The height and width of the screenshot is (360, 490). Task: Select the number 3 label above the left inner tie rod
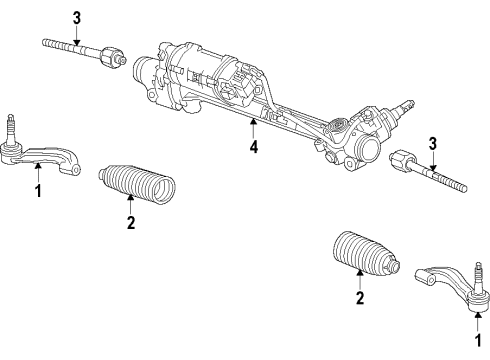(x=76, y=16)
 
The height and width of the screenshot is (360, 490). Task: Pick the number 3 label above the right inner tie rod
(x=431, y=142)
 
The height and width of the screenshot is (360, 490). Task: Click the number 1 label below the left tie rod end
(x=38, y=190)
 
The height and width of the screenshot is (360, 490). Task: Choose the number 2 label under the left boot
(x=130, y=223)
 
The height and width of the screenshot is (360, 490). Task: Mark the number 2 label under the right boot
(x=359, y=297)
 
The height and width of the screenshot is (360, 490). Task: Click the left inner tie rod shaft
(x=70, y=45)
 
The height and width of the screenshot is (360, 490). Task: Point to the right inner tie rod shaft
(x=440, y=180)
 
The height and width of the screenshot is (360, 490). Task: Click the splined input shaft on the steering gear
(x=405, y=105)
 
